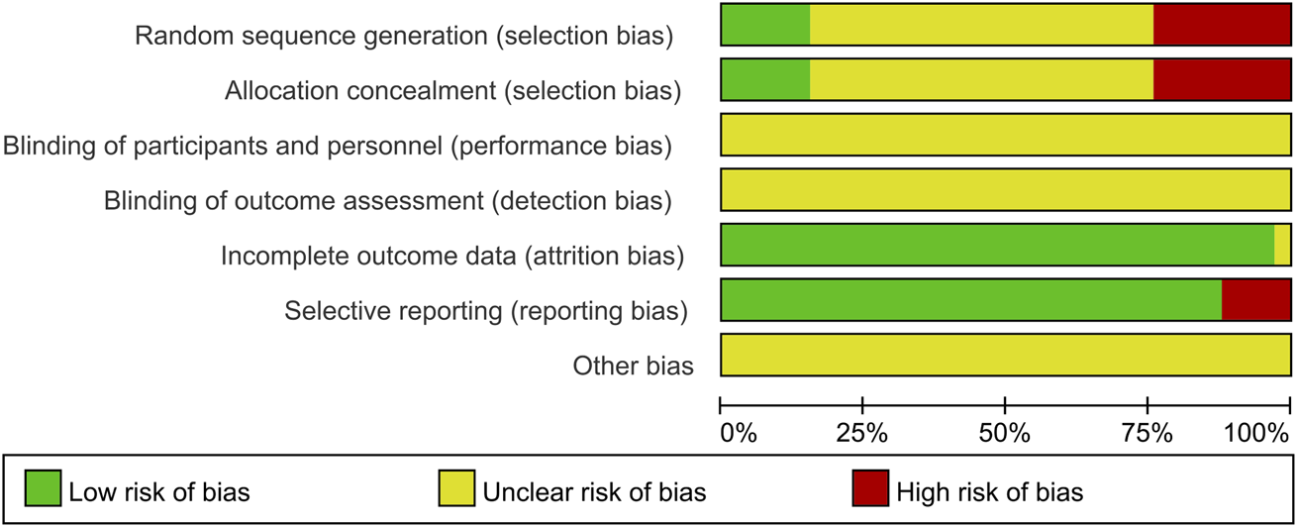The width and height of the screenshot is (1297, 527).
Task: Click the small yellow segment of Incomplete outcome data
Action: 1282,245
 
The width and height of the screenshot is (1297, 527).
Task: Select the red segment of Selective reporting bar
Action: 1255,300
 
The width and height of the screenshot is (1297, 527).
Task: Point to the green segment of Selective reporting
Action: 970,300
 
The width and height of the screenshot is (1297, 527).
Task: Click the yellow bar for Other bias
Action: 1005,356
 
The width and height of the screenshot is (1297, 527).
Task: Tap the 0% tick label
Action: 738,433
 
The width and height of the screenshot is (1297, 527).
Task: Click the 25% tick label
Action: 862,433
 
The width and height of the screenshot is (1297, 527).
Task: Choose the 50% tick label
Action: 1005,433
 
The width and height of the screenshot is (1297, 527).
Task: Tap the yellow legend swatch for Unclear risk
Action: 455,489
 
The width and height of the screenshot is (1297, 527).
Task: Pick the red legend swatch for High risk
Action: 869,489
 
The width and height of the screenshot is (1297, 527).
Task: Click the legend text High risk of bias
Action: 989,490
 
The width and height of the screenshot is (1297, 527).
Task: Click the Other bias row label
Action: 633,366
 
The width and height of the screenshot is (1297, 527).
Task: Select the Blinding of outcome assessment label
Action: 387,201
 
